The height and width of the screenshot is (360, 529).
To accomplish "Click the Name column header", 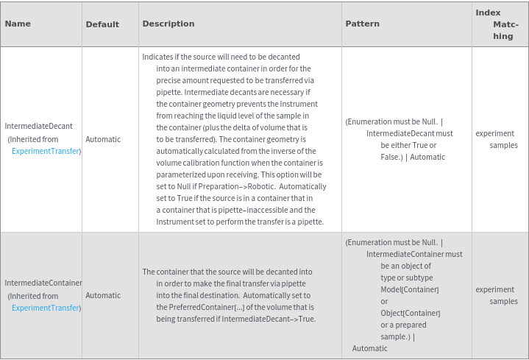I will (18, 24).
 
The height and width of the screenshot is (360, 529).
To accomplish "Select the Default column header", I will (102, 24).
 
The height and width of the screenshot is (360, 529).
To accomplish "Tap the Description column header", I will (168, 24).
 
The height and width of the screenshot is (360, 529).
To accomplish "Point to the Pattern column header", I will (363, 24).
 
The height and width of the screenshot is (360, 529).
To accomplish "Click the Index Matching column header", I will (497, 24).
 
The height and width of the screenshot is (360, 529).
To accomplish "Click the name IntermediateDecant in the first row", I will (39, 127).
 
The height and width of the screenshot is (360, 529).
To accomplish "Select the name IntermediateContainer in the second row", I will (43, 283).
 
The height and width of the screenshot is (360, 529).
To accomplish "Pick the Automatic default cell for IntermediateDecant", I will (103, 139).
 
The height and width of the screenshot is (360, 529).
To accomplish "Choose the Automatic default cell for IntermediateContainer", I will (103, 295).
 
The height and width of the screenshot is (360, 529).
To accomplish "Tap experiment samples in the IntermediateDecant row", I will (497, 139).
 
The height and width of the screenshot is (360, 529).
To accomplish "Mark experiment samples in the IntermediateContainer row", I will (497, 295).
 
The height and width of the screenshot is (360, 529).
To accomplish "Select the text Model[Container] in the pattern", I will (410, 289).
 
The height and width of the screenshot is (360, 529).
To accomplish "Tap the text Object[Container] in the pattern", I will (410, 313).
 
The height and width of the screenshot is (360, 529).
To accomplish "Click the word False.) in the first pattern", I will (394, 157).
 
